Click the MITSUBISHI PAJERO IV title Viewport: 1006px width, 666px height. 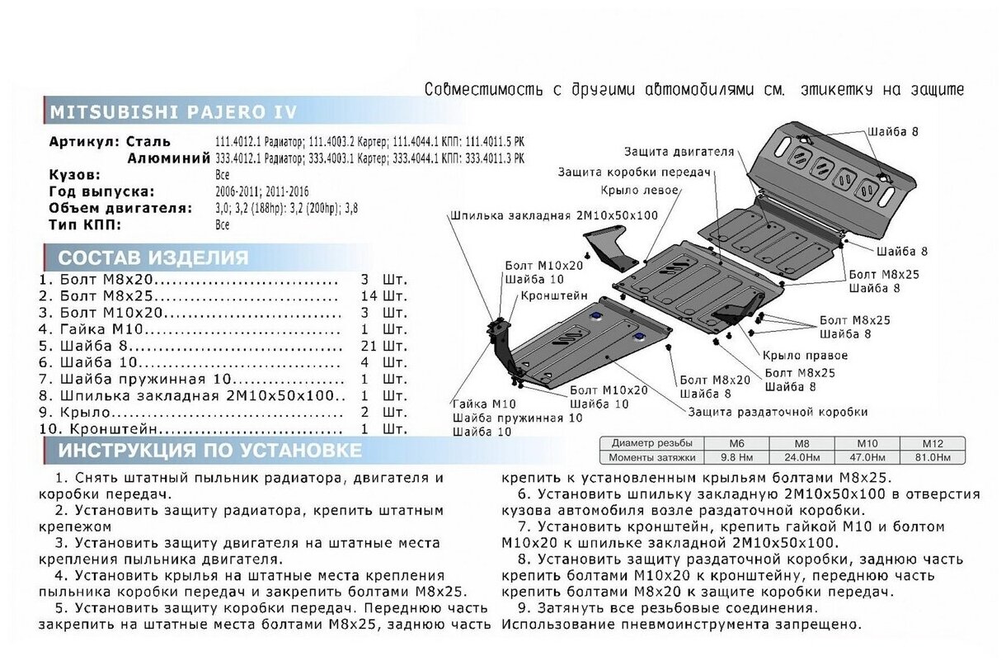tap(173, 112)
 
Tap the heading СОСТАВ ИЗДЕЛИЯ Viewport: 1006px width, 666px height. tap(153, 257)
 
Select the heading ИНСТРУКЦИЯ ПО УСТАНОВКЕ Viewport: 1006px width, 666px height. tap(209, 451)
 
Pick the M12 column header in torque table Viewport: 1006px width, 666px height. tap(928, 443)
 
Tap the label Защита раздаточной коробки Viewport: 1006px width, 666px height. tap(777, 411)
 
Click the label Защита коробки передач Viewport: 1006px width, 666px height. tap(634, 172)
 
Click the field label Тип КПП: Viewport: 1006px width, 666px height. tap(86, 224)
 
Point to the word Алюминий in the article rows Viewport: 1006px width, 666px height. tap(163, 158)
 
